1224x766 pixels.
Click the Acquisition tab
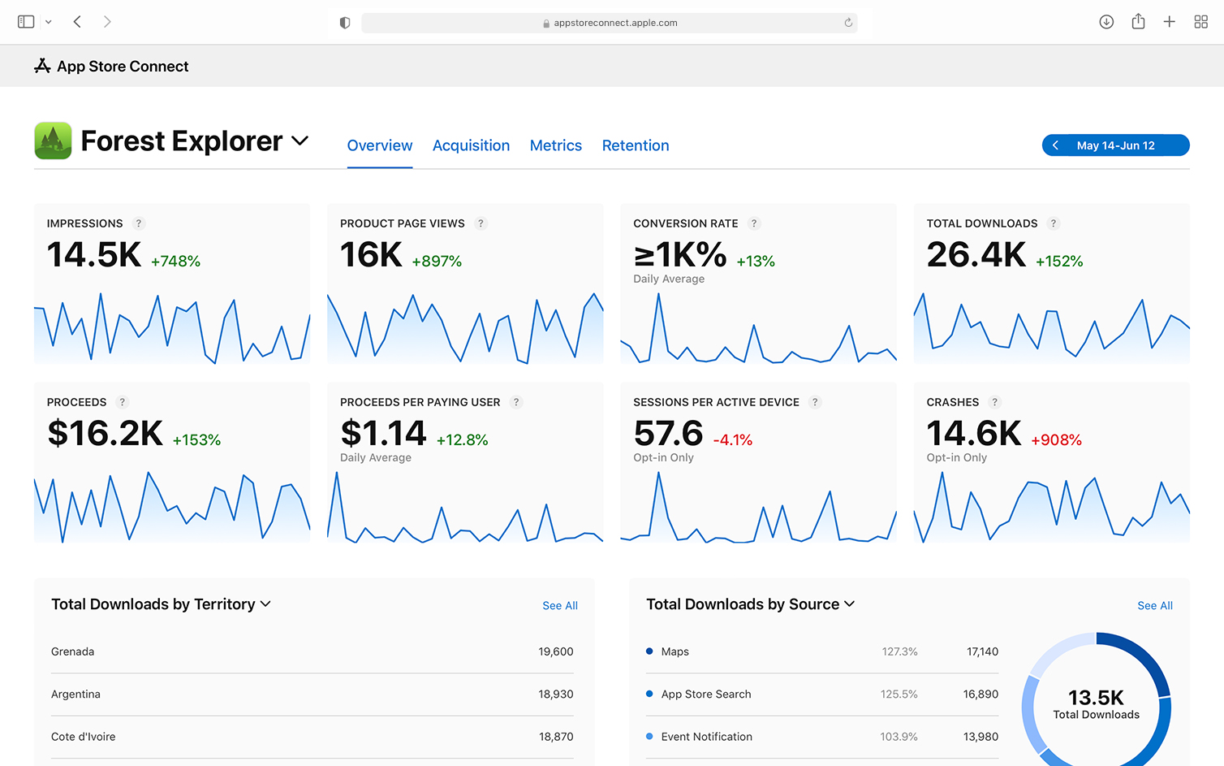coord(471,145)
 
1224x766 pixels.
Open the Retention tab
coord(636,145)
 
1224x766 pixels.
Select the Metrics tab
coord(556,145)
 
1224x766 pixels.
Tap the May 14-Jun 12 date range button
coord(1115,145)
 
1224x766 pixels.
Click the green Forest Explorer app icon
coord(53,141)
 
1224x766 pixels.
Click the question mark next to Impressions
coord(139,223)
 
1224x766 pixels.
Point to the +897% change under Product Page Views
coord(437,262)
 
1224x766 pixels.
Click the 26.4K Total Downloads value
coord(976,255)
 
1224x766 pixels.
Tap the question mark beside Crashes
coord(994,402)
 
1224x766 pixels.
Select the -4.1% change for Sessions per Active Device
coord(733,440)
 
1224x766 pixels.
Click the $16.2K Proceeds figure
coord(105,434)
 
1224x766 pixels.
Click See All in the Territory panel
coord(560,606)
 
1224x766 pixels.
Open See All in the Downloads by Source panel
coord(1155,606)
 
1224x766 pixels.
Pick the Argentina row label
coord(75,695)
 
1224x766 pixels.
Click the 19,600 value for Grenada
coord(556,651)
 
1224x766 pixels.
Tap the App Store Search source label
coord(706,695)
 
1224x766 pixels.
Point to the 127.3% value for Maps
coord(899,651)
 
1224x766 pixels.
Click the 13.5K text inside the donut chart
coord(1096,698)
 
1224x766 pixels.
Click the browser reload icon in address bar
coord(848,23)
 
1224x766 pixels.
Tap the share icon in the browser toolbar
coord(1138,22)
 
